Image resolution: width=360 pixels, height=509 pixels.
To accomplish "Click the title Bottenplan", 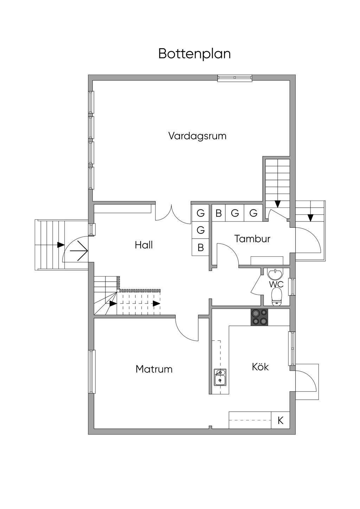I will tap(194, 54).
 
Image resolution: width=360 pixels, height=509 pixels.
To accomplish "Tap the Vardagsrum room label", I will tap(197, 136).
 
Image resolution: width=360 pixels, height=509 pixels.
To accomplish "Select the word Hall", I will tap(143, 245).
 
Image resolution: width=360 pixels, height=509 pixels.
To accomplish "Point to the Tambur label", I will tap(252, 239).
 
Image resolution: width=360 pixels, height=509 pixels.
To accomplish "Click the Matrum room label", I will tap(154, 369).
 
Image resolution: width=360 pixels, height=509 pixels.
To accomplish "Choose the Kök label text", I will tap(260, 367).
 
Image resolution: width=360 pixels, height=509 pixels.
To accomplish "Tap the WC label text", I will tap(276, 284).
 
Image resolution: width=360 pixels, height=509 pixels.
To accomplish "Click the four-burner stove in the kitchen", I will tap(259, 317).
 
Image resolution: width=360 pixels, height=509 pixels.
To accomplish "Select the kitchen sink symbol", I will tap(220, 377).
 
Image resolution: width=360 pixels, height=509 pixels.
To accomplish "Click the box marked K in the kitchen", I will tap(280, 420).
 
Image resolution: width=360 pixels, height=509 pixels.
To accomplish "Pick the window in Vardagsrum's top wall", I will tap(234, 78).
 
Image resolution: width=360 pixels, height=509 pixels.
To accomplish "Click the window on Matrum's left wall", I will tap(91, 372).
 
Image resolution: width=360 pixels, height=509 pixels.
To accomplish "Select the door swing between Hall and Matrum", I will tap(186, 329).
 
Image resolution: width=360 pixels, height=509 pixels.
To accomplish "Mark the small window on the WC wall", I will tap(292, 286).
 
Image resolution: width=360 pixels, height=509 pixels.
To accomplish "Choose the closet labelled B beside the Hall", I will tap(200, 247).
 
